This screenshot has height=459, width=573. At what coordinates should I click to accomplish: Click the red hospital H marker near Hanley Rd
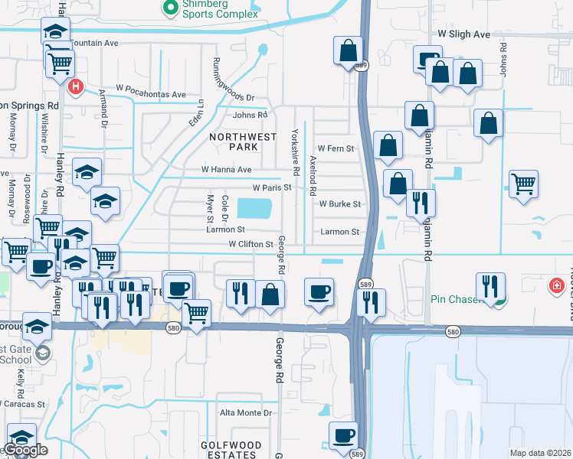click(x=75, y=86)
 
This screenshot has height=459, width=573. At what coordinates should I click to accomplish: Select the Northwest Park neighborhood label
click(x=232, y=142)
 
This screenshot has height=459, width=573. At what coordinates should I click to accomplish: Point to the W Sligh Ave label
click(x=463, y=34)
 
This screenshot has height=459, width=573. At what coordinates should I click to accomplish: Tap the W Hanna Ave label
click(x=226, y=169)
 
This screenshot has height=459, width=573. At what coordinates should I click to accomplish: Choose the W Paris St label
click(x=273, y=187)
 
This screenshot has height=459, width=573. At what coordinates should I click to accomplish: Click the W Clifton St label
click(x=250, y=244)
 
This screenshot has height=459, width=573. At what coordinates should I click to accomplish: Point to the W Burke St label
click(x=339, y=204)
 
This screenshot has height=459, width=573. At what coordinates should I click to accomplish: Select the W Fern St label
click(x=336, y=148)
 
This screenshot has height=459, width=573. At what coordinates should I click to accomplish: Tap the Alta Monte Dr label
click(x=246, y=413)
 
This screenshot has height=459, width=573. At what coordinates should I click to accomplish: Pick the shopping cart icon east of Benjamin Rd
click(x=524, y=184)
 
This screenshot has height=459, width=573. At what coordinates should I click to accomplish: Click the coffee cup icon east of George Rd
click(x=319, y=291)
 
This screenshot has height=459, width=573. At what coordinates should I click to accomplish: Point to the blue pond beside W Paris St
click(x=255, y=207)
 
